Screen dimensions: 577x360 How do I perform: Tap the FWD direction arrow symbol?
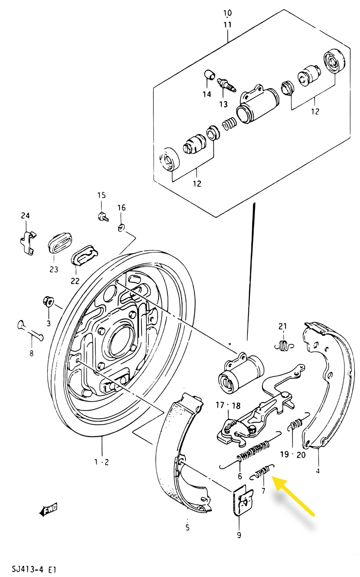tap(49, 510)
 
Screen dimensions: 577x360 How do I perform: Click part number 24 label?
tap(25, 215)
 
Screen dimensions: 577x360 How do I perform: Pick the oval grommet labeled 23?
tap(59, 243)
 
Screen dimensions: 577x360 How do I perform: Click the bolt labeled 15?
tap(102, 216)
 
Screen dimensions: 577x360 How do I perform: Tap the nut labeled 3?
tap(48, 301)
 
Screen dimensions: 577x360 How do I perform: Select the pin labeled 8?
tap(30, 330)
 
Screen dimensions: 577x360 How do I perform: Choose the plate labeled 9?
tap(243, 500)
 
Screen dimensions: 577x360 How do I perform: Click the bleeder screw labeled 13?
tap(226, 84)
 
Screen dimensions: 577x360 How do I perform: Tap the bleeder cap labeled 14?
tap(209, 74)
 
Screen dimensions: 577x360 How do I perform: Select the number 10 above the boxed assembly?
tap(227, 13)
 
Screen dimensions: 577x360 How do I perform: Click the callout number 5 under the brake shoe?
tap(187, 527)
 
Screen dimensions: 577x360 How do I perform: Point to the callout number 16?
tap(121, 208)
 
